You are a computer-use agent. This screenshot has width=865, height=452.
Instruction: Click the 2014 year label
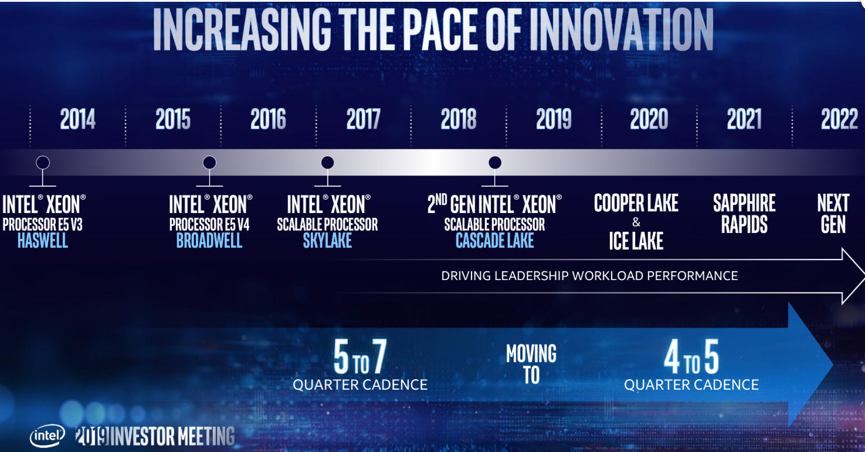tap(77, 120)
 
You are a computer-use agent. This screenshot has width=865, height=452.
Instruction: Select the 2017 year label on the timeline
tap(363, 120)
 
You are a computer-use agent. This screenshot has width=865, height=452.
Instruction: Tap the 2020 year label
tap(649, 120)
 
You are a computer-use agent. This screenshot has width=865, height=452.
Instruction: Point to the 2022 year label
tap(839, 120)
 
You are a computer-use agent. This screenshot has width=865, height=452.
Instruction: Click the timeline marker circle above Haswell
tap(43, 163)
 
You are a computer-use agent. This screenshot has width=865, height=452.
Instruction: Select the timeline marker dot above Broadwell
tap(209, 163)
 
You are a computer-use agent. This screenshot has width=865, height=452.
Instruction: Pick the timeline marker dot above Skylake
tap(328, 163)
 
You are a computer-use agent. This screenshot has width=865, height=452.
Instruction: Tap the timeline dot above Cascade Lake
tap(495, 163)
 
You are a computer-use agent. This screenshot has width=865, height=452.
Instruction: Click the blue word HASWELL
tap(43, 241)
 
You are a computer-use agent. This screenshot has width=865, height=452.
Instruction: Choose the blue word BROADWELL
tap(209, 241)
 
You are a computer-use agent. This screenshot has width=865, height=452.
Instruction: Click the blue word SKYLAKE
tap(328, 241)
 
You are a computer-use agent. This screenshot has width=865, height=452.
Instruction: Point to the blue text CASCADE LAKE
tap(495, 241)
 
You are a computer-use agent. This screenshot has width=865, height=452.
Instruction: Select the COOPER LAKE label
tap(636, 204)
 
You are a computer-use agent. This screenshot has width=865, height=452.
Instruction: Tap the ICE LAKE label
tap(636, 241)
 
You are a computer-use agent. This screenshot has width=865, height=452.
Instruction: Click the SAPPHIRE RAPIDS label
tap(744, 214)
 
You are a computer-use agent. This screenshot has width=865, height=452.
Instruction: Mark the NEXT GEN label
tap(833, 214)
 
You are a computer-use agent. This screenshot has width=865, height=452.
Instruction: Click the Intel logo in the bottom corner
tap(48, 436)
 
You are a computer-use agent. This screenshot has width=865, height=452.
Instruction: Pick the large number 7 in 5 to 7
tap(379, 357)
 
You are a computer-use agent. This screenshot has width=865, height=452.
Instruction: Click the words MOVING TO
tap(531, 364)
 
